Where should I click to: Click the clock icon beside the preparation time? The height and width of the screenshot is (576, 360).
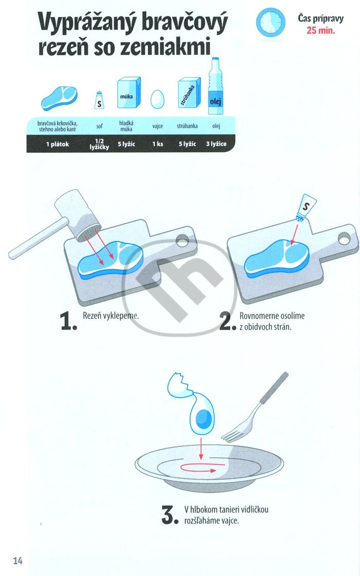tap(271, 23)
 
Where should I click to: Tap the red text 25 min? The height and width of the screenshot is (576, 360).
tap(321, 30)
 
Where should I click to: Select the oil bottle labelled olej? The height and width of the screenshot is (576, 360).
tap(215, 86)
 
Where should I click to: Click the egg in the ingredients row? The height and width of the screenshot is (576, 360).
tap(157, 99)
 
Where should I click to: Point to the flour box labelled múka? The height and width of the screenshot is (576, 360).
tap(129, 93)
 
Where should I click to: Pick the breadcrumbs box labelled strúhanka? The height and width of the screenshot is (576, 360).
tap(189, 93)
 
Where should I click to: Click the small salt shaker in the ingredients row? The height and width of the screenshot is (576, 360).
tap(99, 100)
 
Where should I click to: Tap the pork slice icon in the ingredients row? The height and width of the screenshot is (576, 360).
tap(59, 98)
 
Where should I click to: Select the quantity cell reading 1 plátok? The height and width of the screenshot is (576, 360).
tap(57, 145)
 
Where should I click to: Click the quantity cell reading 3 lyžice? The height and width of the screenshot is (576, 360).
tap(216, 144)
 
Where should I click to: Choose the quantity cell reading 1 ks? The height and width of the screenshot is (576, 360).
tap(157, 144)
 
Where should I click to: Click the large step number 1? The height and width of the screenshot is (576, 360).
tap(68, 321)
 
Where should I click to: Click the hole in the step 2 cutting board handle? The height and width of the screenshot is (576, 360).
tap(344, 239)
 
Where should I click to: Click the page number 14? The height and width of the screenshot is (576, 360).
tap(17, 561)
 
